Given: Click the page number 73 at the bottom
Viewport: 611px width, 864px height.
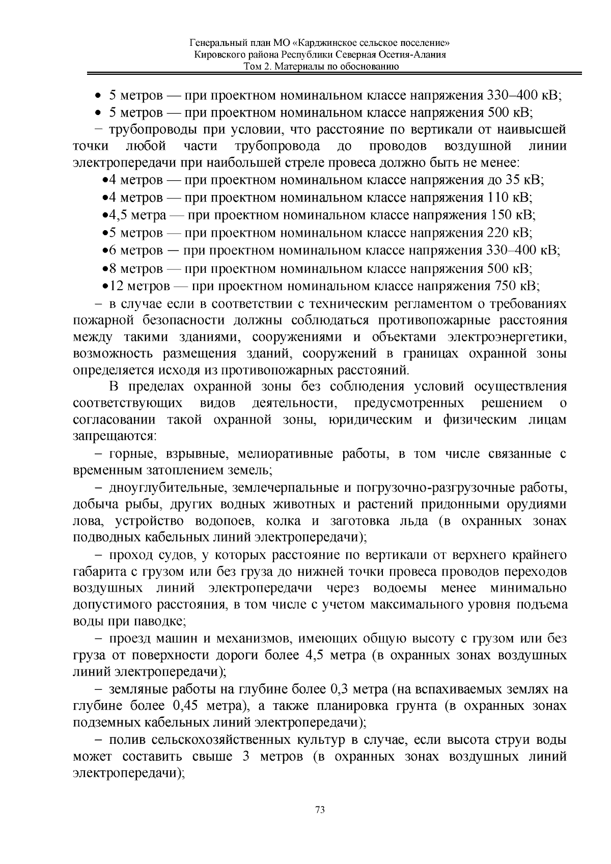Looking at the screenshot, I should point(320,810).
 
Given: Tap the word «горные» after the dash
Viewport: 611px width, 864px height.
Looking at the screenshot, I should point(126,454).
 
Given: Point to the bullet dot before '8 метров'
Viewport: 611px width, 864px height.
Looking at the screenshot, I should point(104,269).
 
